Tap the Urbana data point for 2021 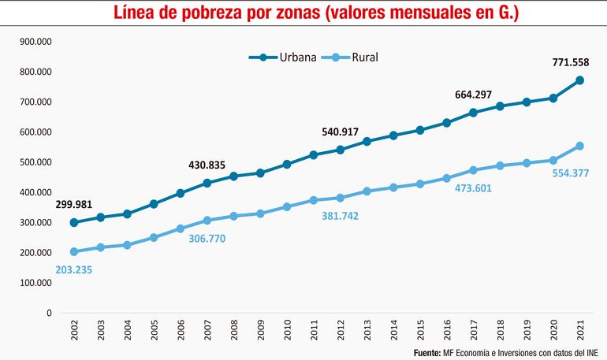pyautogui.click(x=579, y=80)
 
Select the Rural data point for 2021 pyautogui.click(x=579, y=146)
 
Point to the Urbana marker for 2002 pyautogui.click(x=74, y=222)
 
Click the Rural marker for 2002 pyautogui.click(x=74, y=252)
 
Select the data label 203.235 pyautogui.click(x=79, y=270)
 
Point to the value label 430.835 pyautogui.click(x=207, y=165)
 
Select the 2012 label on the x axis pyautogui.click(x=341, y=331)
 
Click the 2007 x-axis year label pyautogui.click(x=207, y=331)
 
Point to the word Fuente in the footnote pyautogui.click(x=429, y=351)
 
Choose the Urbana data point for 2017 pyautogui.click(x=473, y=113)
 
